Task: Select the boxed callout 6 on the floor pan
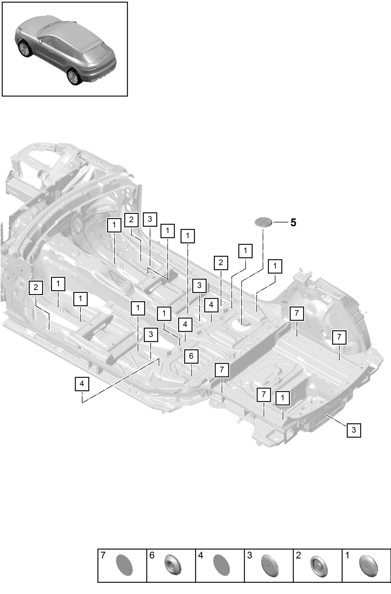[191, 356]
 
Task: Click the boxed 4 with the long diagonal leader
[82, 384]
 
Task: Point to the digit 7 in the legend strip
[103, 555]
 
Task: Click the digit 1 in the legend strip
[347, 555]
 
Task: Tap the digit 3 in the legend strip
[249, 555]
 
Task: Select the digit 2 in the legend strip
[298, 555]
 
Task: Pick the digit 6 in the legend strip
[152, 555]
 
